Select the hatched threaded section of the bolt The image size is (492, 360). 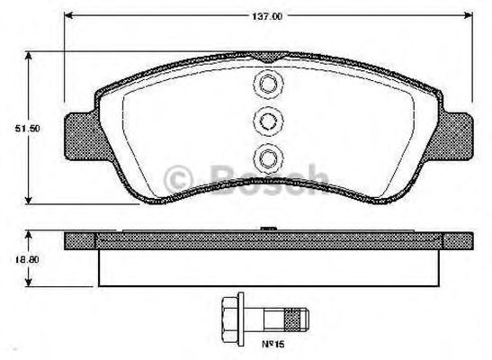tap(291, 318)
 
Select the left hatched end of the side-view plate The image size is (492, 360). tap(81, 240)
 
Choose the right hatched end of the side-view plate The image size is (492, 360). tap(459, 240)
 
